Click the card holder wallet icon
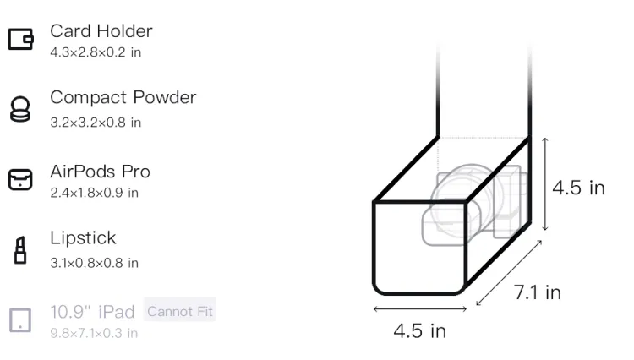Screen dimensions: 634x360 pyautogui.click(x=20, y=39)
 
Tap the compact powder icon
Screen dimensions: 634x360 pyautogui.click(x=20, y=109)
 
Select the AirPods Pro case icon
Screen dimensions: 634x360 pyautogui.click(x=20, y=179)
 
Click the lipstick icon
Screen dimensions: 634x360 pyautogui.click(x=20, y=250)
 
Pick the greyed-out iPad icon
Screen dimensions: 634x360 pyautogui.click(x=20, y=320)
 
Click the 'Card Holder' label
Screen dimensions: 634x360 pyautogui.click(x=101, y=31)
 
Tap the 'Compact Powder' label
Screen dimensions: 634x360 pyautogui.click(x=123, y=97)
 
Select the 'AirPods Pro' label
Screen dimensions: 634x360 pyautogui.click(x=101, y=172)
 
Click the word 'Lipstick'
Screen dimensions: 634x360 pyautogui.click(x=84, y=237)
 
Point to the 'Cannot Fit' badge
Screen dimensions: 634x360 pyautogui.click(x=180, y=311)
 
